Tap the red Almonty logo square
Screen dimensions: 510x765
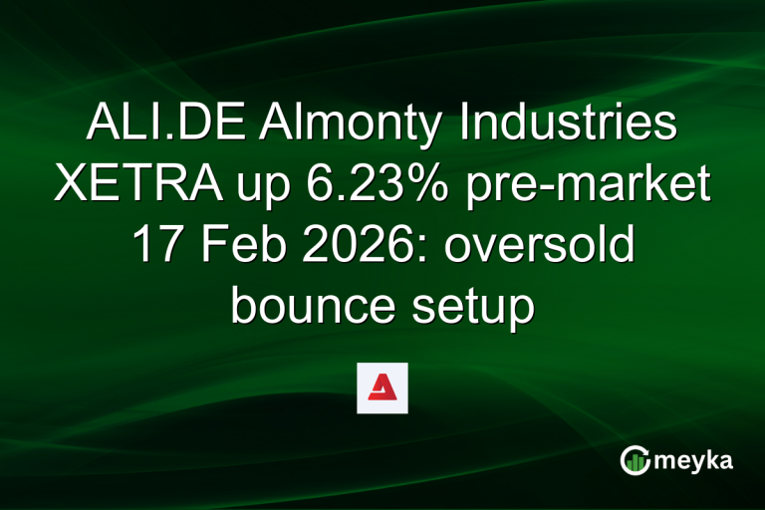(x=382, y=387)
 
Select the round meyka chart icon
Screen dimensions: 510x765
(x=636, y=459)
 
